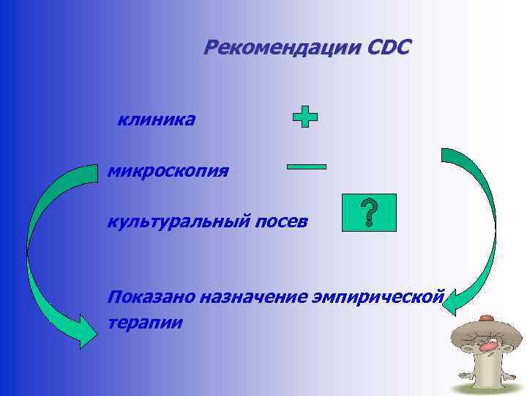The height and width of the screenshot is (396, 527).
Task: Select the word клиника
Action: tap(156, 119)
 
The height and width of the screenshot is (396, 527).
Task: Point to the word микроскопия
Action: tap(168, 172)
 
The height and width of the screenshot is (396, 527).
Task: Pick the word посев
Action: tap(280, 221)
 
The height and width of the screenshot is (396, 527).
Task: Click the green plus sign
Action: tap(305, 117)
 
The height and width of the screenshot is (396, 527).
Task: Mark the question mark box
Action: tap(369, 213)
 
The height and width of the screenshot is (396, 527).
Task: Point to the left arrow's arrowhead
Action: tap(81, 330)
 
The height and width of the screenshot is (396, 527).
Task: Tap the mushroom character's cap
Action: tap(483, 327)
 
